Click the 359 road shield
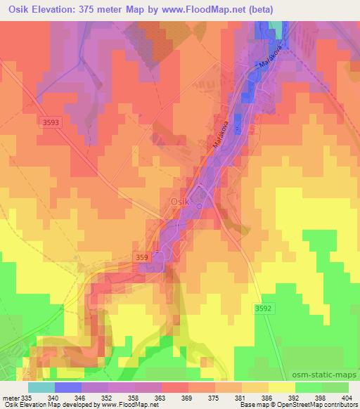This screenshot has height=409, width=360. tap(141, 258)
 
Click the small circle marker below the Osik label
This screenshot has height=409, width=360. tap(199, 206)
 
